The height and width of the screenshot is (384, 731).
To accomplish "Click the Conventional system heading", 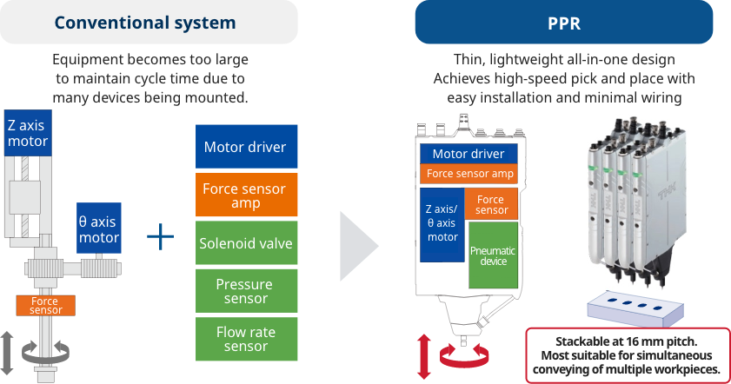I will [150, 23].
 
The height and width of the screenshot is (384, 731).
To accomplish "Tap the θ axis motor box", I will [98, 228].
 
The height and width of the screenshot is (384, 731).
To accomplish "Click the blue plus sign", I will [160, 236].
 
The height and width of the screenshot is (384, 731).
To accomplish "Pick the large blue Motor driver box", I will [244, 147].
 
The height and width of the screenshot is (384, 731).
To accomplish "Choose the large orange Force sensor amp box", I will [244, 195].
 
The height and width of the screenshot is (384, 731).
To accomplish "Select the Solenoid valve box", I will [244, 243].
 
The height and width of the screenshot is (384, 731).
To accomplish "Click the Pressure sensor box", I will [244, 291].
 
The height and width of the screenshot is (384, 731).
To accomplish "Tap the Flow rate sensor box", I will [244, 339].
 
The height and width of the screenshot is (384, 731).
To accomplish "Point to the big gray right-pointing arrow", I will [358, 245].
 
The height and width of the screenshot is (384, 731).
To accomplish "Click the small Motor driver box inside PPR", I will [469, 154].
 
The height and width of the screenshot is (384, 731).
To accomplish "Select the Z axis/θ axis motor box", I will [442, 224].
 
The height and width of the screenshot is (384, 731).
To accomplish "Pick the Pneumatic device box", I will [493, 255].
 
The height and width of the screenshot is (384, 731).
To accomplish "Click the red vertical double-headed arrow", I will [425, 356].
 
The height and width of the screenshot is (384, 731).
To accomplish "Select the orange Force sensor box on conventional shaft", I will [45, 305].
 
